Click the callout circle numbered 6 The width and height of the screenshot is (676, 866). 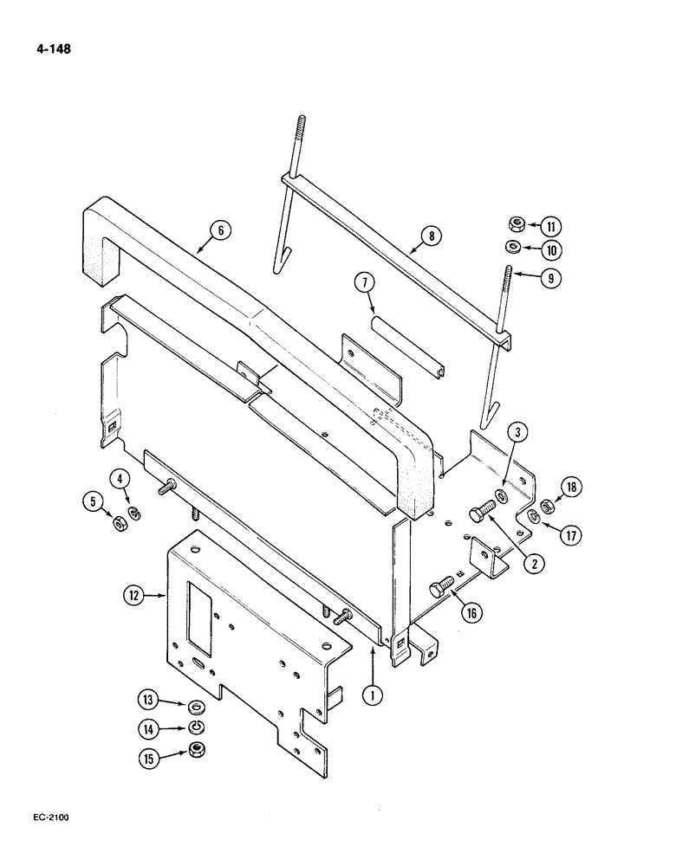pos(220,230)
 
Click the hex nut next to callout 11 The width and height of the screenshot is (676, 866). pos(514,227)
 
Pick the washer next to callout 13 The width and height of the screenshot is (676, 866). pos(196,704)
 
